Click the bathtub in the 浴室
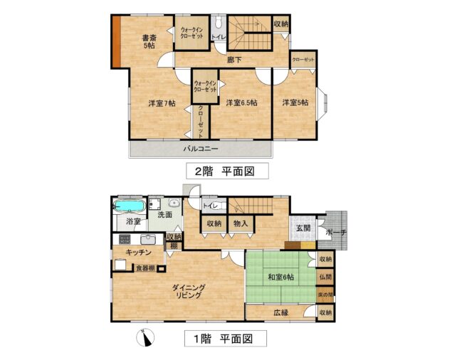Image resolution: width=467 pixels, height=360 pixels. coord(130,206)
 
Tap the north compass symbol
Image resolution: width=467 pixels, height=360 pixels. coord(145,338)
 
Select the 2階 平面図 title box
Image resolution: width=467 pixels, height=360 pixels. coord(227,171)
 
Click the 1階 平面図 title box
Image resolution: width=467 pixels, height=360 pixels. coord(225,339)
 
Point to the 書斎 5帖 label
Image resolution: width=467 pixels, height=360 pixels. coord(149,42)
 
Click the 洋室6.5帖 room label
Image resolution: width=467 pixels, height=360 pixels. coord(241,102)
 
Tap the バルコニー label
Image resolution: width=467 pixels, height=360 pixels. coord(201,149)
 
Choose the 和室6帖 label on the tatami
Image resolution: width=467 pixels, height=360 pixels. coord(281,277)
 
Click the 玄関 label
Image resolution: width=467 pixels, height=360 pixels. coord(303,228)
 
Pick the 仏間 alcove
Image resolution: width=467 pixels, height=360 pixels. coord(325,277)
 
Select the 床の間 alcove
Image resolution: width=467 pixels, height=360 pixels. coord(325,295)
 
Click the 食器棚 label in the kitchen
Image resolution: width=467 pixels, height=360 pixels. coord(145,268)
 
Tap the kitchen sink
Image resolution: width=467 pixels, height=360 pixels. coord(147,239)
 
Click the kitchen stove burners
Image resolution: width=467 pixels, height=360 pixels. coord(125,239)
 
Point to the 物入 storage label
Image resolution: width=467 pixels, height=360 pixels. coord(241,223)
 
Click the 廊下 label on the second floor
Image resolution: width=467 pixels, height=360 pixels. coord(234,60)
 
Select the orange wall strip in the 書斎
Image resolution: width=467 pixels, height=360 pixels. coord(116,41)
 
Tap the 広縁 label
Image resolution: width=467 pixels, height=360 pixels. coord(281,312)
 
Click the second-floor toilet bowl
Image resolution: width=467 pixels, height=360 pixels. coord(219,22)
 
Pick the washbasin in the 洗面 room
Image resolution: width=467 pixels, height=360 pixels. coord(173,203)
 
